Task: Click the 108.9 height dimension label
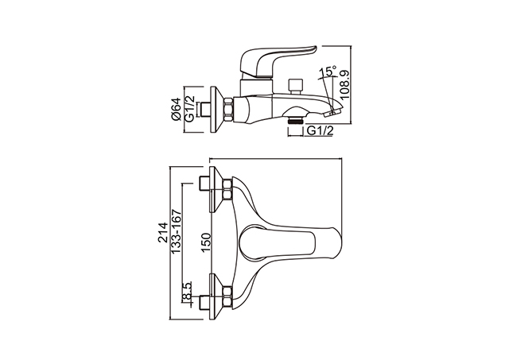tap(345, 85)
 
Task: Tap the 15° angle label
tap(328, 71)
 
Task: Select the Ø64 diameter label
tap(177, 109)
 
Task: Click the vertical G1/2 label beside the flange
tap(189, 109)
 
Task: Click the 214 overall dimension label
tap(162, 232)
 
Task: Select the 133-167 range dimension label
tap(176, 231)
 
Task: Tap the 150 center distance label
tap(205, 243)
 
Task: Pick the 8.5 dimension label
tap(187, 292)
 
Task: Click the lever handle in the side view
tap(276, 62)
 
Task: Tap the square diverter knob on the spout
tap(295, 85)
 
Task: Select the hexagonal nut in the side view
tap(228, 110)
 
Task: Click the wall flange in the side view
tap(216, 110)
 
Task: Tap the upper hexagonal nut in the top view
tap(227, 189)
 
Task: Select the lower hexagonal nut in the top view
tap(227, 297)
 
